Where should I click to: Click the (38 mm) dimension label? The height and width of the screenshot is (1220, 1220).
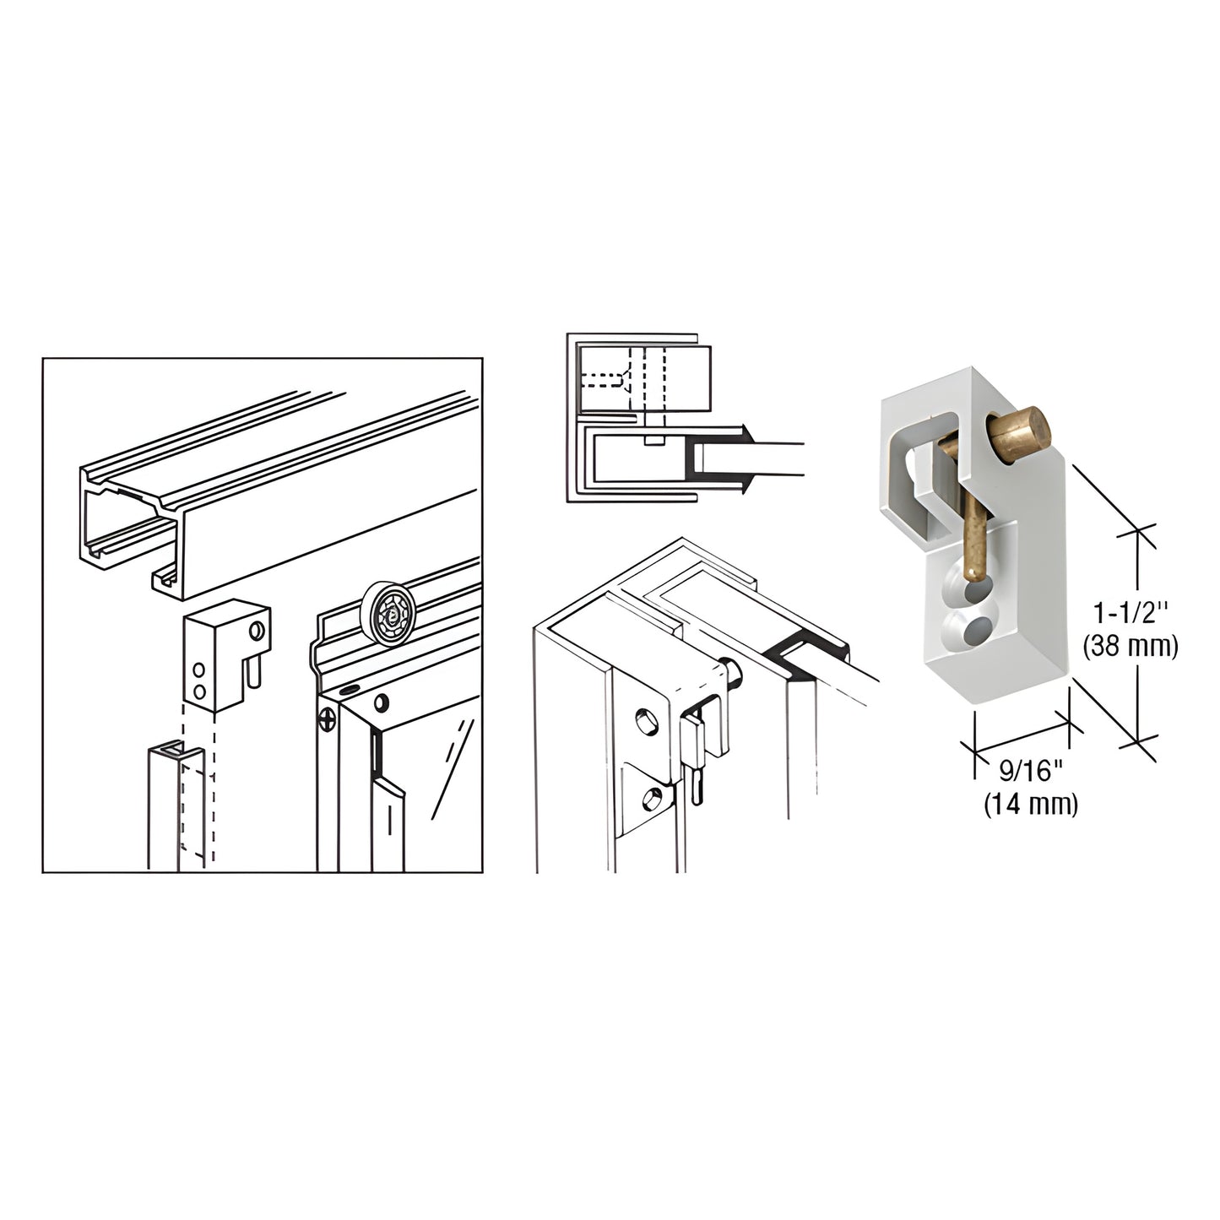[x=1130, y=647]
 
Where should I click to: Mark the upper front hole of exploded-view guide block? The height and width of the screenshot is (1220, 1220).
[x=198, y=670]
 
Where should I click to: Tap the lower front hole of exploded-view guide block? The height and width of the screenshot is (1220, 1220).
[x=198, y=691]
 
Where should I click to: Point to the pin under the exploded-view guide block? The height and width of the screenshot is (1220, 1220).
[x=253, y=673]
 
